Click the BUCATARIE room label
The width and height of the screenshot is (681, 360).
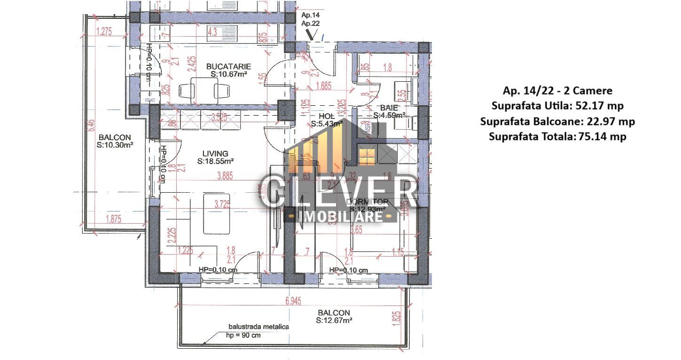[x=229, y=66]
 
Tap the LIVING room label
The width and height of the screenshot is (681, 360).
[x=215, y=153]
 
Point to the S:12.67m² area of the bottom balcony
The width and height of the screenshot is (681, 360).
[x=334, y=321]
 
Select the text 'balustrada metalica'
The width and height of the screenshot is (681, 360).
[x=258, y=327]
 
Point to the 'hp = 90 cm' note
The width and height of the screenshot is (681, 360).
[x=243, y=336]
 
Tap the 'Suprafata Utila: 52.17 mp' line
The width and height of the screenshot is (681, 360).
[x=557, y=106]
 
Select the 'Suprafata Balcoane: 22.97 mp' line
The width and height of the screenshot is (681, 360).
[x=557, y=121]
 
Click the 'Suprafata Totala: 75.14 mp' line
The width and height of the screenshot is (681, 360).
[x=557, y=137]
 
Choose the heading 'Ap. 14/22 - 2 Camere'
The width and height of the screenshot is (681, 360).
[x=557, y=90]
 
